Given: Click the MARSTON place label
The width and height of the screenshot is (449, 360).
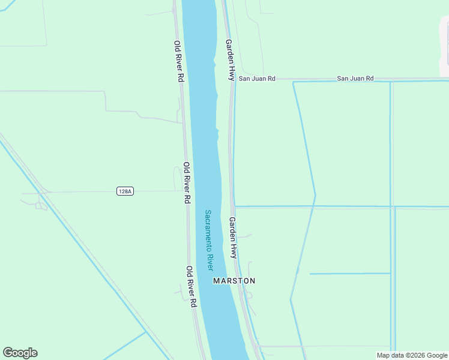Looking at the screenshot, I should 234,281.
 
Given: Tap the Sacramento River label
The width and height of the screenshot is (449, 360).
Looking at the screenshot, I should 209,240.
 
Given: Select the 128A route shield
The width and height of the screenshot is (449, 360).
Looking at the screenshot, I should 125,191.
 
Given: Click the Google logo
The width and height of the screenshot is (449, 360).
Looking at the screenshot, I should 20,353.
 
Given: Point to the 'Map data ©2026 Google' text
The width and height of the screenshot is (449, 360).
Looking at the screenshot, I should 412,355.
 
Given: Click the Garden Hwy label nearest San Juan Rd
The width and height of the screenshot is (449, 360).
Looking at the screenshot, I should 229,60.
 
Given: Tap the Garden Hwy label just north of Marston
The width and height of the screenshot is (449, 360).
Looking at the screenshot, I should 233,238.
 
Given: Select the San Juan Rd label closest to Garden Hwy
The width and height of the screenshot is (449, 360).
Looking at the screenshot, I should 257,79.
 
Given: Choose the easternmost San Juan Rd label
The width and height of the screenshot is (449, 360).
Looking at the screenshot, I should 355,79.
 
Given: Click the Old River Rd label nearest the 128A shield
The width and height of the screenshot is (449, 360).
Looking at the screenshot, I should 187,182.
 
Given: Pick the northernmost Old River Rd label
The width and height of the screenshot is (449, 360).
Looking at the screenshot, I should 179,61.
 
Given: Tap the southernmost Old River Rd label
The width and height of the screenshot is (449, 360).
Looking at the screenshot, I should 190,287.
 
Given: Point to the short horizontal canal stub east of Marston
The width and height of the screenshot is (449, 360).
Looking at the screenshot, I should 350,274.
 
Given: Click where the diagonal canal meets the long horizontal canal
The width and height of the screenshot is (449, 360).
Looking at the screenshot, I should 313,206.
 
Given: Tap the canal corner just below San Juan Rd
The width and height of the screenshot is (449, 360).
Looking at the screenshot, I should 294,83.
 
